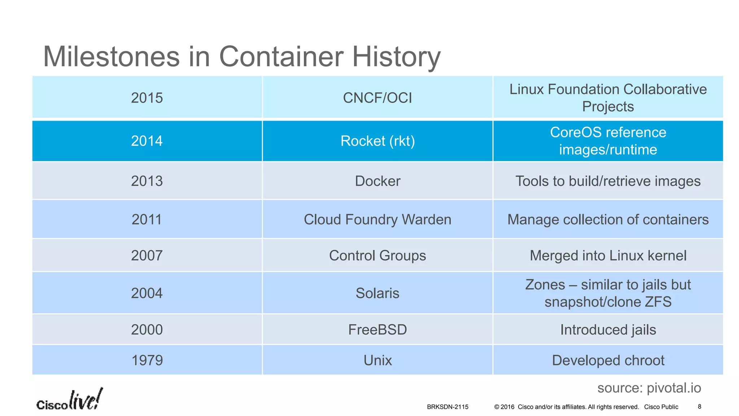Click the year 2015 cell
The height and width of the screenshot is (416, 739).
(147, 98)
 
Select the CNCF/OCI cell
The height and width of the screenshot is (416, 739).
(377, 98)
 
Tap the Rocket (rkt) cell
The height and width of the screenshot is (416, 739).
(377, 141)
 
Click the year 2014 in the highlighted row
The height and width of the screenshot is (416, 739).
(147, 141)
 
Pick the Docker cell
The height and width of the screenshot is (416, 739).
(377, 181)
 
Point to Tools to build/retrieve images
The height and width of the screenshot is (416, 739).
(608, 181)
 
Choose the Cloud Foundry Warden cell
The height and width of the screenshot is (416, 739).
(377, 220)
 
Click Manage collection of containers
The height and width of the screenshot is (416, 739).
(608, 220)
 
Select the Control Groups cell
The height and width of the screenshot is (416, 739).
(377, 256)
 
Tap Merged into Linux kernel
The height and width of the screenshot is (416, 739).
(608, 256)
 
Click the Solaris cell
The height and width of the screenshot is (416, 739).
(377, 293)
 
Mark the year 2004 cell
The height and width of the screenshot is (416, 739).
(147, 293)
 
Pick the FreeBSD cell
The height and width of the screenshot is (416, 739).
(377, 330)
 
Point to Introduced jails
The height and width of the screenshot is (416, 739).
(608, 330)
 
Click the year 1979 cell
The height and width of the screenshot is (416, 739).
(147, 360)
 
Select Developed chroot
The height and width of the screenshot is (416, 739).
(608, 360)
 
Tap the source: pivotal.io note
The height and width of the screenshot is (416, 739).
(649, 388)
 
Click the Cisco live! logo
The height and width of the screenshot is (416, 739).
(70, 400)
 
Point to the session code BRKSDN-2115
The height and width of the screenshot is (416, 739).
(447, 407)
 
